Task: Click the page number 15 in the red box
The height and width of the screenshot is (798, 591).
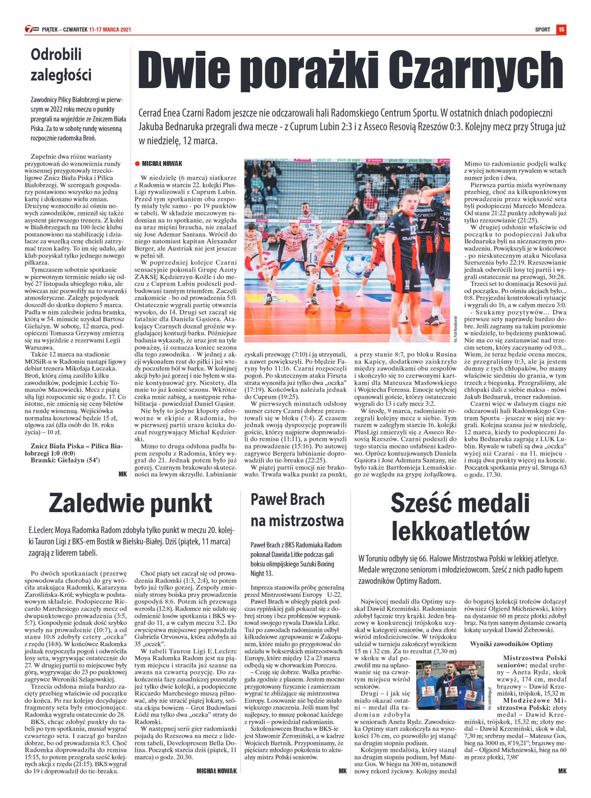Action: [561, 30]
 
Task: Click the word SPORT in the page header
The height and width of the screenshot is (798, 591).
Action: [542, 30]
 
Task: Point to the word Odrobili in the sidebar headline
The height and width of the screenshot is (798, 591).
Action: [56, 54]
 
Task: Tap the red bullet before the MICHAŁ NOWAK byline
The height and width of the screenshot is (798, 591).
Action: [137, 164]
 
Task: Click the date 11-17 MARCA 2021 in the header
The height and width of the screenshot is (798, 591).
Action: [110, 30]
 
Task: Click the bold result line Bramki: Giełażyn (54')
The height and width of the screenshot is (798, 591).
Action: [65, 460]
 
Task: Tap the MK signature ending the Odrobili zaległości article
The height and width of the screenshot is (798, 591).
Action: [123, 474]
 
